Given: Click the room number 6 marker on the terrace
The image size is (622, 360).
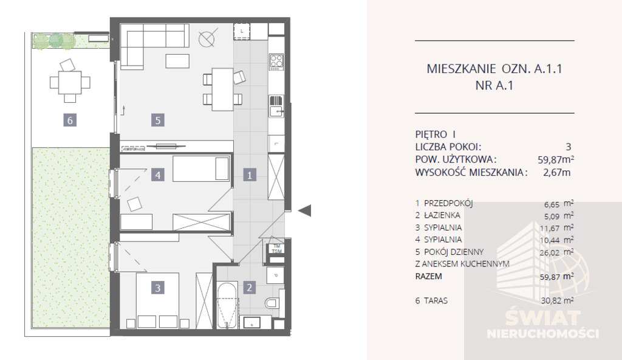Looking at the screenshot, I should [x=70, y=120].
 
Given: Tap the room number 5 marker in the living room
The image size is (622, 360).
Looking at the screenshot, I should [x=157, y=120].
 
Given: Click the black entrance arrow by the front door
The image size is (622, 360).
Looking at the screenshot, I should [x=306, y=210].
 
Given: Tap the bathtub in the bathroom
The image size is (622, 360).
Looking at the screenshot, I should [x=227, y=306].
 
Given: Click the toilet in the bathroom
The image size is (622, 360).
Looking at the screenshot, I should [x=270, y=302].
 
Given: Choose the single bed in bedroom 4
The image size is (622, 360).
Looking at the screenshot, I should [x=201, y=168].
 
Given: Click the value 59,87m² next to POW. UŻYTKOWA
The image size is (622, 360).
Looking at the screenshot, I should [x=554, y=159].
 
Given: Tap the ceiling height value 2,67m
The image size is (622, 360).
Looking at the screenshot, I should [x=557, y=172].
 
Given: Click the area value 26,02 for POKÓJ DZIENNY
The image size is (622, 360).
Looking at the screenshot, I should [x=551, y=252].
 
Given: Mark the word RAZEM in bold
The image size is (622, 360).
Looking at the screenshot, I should [x=430, y=276].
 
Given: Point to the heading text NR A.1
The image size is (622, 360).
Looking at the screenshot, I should [x=494, y=86].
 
